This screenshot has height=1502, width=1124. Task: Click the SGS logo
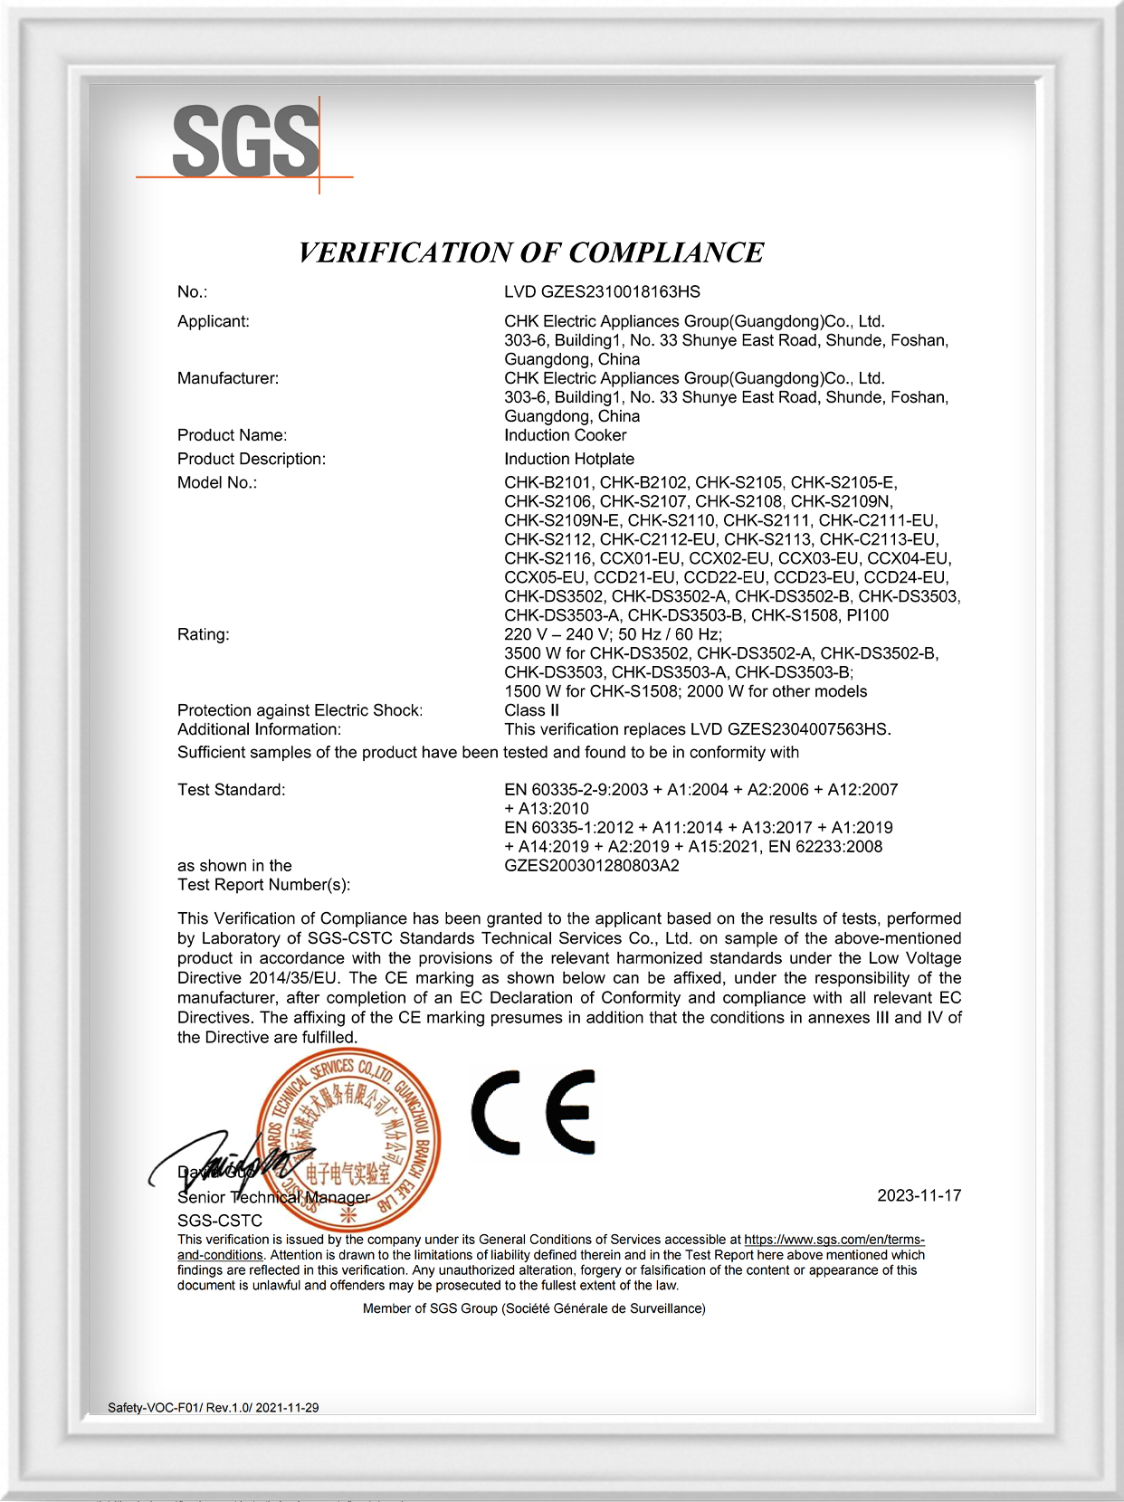point(245,142)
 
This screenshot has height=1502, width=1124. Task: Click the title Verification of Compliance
point(531,252)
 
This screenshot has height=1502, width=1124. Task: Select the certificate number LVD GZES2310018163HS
point(602,291)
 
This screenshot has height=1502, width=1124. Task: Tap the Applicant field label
point(214,321)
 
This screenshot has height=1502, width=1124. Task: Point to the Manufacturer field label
point(228,378)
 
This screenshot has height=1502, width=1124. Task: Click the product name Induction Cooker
point(565,435)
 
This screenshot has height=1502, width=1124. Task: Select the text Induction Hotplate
point(569,459)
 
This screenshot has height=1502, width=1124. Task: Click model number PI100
point(867,615)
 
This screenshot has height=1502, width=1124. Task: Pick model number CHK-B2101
point(548,482)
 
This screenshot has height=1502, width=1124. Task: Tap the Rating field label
point(204,634)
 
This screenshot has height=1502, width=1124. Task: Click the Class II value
point(531,710)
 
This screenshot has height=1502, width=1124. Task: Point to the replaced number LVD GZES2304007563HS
point(789,729)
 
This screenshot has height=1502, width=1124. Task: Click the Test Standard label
point(231,790)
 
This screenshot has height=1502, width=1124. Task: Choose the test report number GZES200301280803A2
point(592,866)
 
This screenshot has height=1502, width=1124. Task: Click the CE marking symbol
point(533,1113)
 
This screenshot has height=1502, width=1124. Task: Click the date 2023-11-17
point(919,1195)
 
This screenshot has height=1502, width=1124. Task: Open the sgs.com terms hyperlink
point(833,1240)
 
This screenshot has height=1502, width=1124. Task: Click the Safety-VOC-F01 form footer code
point(213,1407)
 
